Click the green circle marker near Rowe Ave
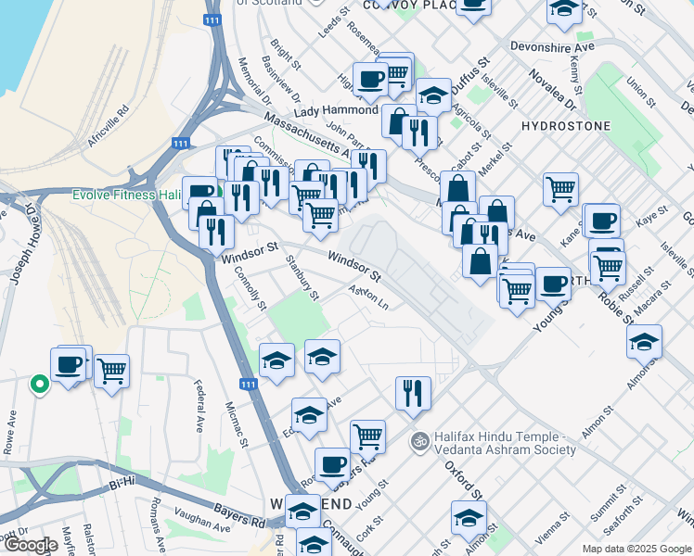click(x=39, y=384)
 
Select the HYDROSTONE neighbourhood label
click(x=566, y=125)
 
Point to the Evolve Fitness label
click(x=126, y=196)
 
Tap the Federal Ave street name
click(x=198, y=410)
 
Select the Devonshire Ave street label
click(x=550, y=44)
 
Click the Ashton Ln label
click(x=368, y=297)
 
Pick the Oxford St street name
click(x=461, y=477)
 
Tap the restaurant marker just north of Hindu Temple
click(x=412, y=393)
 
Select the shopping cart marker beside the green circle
click(x=111, y=371)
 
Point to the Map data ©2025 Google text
click(x=635, y=549)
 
